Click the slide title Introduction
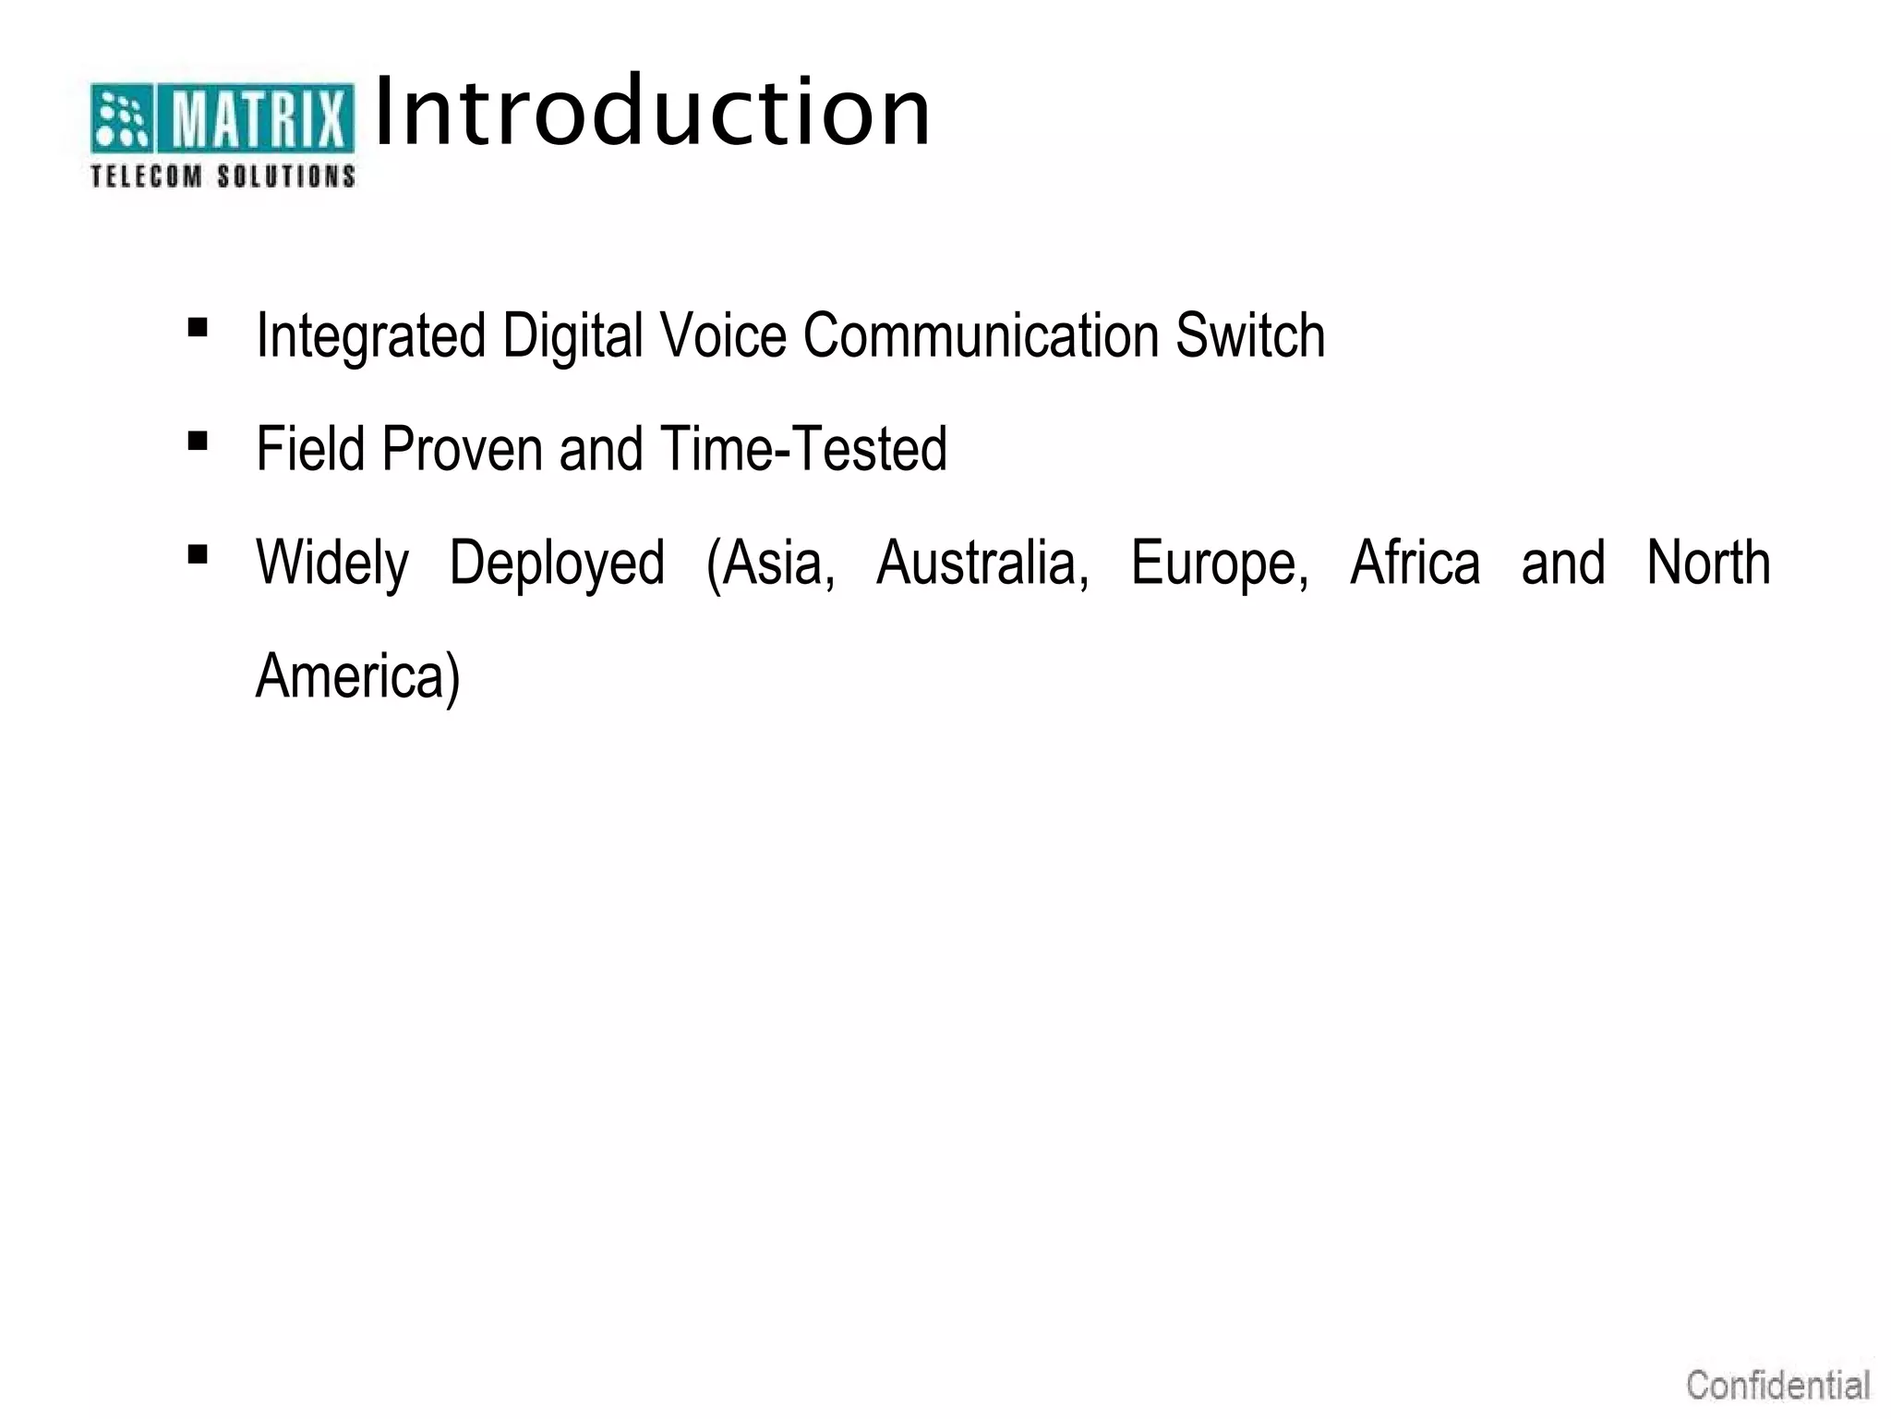[x=653, y=113]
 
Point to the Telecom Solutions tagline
[x=223, y=176]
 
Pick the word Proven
[x=462, y=449]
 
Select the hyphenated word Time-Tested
[x=803, y=449]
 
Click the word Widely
[x=332, y=564]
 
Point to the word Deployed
[x=557, y=564]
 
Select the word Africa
[x=1415, y=564]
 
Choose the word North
[x=1708, y=564]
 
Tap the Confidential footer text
[x=1777, y=1386]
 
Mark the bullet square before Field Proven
[x=197, y=442]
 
